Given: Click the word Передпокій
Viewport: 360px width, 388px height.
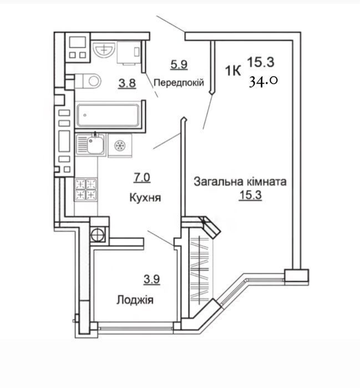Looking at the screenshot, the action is (x=179, y=82).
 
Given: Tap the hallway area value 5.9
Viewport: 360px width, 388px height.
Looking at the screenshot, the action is (x=179, y=65).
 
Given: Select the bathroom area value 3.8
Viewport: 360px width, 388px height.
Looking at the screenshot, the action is (x=127, y=83).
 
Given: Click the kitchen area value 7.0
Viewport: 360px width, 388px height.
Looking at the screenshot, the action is (x=142, y=178).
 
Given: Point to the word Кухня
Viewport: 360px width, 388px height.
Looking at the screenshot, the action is (x=145, y=198).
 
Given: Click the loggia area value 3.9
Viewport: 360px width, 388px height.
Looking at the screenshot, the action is (x=152, y=279).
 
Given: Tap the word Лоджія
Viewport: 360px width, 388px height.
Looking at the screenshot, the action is (x=135, y=300).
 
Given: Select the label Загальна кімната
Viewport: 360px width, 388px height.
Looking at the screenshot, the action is (x=240, y=182).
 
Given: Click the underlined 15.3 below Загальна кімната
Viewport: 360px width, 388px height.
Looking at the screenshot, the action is (x=250, y=195).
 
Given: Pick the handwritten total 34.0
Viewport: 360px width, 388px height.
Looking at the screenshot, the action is (x=263, y=81).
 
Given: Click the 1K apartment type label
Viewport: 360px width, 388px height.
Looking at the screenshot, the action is (x=232, y=71).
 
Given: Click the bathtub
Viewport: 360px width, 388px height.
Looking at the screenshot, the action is (x=108, y=115).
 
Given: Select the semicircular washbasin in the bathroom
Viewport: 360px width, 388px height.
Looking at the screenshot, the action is (x=104, y=49).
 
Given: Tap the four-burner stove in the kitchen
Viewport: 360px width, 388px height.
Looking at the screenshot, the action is (x=86, y=189).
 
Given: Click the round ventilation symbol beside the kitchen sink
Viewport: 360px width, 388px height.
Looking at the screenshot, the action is (x=120, y=146).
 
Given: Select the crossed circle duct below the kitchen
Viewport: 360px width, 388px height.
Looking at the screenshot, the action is (x=97, y=234).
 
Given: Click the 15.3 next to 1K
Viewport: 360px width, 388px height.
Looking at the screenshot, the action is (x=261, y=62).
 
